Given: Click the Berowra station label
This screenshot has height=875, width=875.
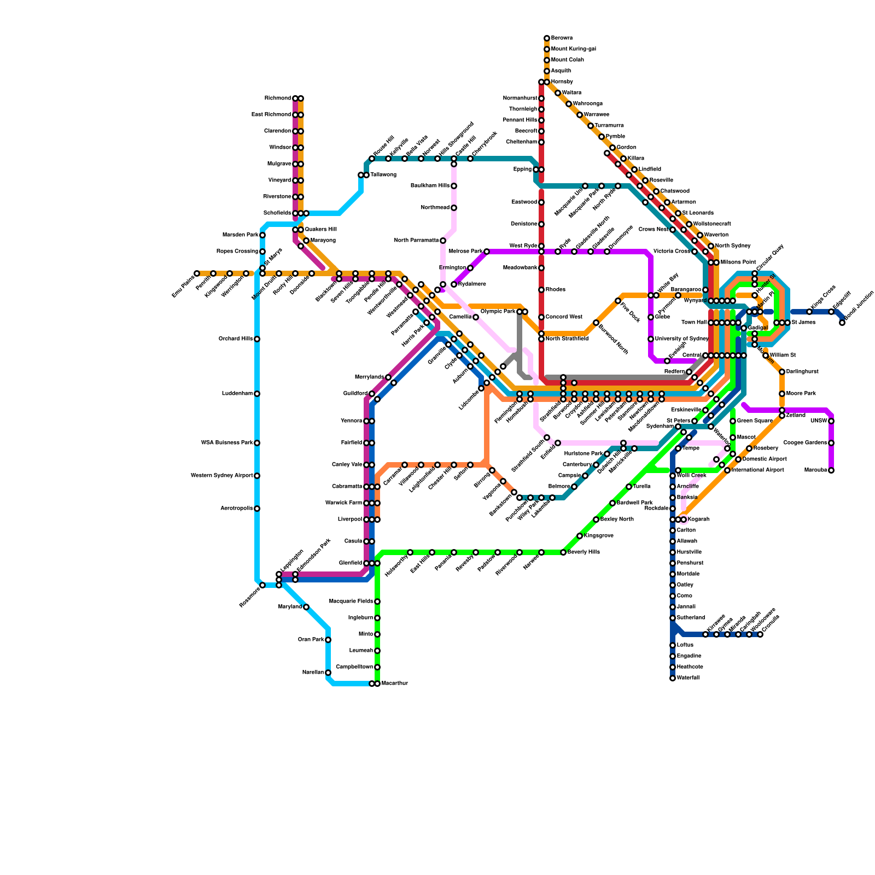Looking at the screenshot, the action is [562, 38].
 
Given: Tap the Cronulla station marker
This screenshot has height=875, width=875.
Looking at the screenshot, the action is [760, 634].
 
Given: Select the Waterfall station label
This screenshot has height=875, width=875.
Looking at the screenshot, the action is [688, 678].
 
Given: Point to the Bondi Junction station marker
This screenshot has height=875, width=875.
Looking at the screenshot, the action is [842, 323].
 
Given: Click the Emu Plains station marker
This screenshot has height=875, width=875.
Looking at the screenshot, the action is [197, 273].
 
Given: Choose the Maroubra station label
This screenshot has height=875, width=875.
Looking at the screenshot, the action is [815, 470].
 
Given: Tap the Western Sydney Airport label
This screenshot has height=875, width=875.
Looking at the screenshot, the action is [221, 476].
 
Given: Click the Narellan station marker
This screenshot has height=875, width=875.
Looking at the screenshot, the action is [328, 673].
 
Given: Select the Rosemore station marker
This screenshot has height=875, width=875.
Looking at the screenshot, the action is [262, 585].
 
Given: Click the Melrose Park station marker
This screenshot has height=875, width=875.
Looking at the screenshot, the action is [487, 252].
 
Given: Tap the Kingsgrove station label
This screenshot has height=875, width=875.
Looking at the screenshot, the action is [598, 536].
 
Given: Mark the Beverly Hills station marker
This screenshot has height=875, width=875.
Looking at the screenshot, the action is [563, 552].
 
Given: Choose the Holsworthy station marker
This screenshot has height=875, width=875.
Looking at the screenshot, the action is [410, 552].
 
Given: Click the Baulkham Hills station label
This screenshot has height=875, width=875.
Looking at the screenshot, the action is [430, 186].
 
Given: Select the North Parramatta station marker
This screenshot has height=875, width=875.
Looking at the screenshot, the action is [443, 241].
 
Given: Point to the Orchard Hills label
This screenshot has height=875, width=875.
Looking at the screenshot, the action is [236, 339].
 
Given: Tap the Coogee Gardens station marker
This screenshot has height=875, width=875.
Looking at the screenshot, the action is [831, 443].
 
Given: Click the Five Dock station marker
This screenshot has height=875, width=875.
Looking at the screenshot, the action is [618, 301].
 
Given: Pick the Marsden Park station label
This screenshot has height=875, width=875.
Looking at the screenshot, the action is [240, 235].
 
